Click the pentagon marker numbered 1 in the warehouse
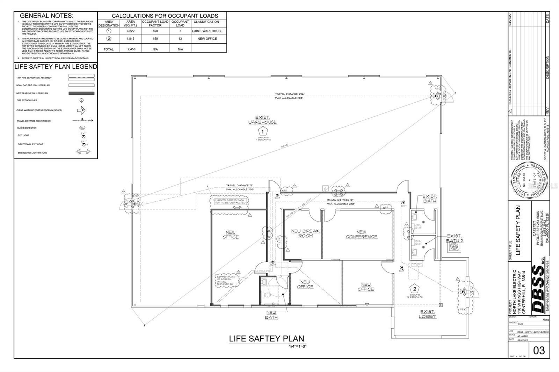(x=262, y=132)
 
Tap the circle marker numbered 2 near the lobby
(x=415, y=289)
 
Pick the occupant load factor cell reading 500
(x=155, y=31)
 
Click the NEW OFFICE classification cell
(x=207, y=39)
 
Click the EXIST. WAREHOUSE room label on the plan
(x=262, y=120)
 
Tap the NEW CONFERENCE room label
(x=361, y=235)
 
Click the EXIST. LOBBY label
(x=427, y=314)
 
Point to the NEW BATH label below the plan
(x=271, y=315)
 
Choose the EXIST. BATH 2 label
(x=454, y=238)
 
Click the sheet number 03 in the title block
(x=539, y=350)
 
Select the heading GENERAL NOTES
(x=46, y=16)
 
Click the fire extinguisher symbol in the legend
(x=82, y=101)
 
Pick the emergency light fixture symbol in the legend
(x=83, y=152)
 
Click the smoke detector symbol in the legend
(x=82, y=128)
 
